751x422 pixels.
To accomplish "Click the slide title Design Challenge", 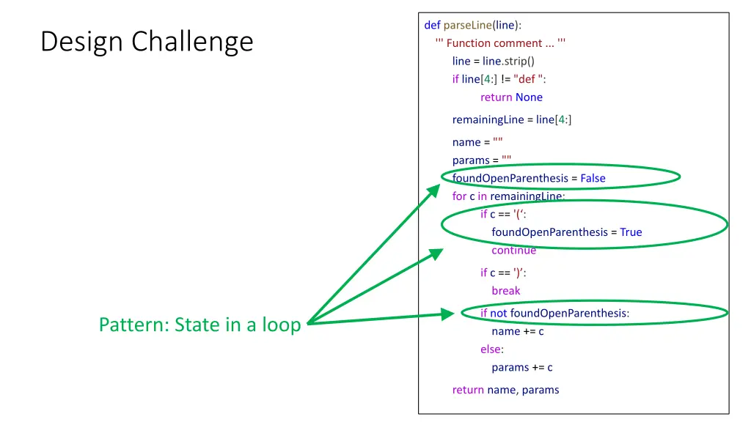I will (147, 42).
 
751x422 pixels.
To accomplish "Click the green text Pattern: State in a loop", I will (199, 325).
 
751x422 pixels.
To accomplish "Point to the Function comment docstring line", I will (500, 43).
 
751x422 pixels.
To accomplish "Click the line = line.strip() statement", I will (493, 61).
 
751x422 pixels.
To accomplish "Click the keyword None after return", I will (529, 97).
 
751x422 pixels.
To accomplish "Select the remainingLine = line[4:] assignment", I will (511, 119).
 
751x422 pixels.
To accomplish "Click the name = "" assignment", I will (477, 142).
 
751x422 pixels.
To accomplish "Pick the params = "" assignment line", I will (482, 160).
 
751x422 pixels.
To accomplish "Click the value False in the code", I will (593, 178).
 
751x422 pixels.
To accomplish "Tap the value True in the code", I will (631, 232).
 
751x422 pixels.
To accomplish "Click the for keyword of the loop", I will (459, 196).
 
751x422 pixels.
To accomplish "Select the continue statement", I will (513, 251).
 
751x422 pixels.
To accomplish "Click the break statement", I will (506, 291).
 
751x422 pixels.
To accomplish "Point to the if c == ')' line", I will (503, 273).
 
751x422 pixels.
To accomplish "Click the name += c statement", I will (518, 331).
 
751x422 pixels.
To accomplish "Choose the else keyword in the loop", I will (491, 349).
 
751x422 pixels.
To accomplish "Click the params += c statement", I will (522, 368).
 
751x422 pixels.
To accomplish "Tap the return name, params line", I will (505, 390).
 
